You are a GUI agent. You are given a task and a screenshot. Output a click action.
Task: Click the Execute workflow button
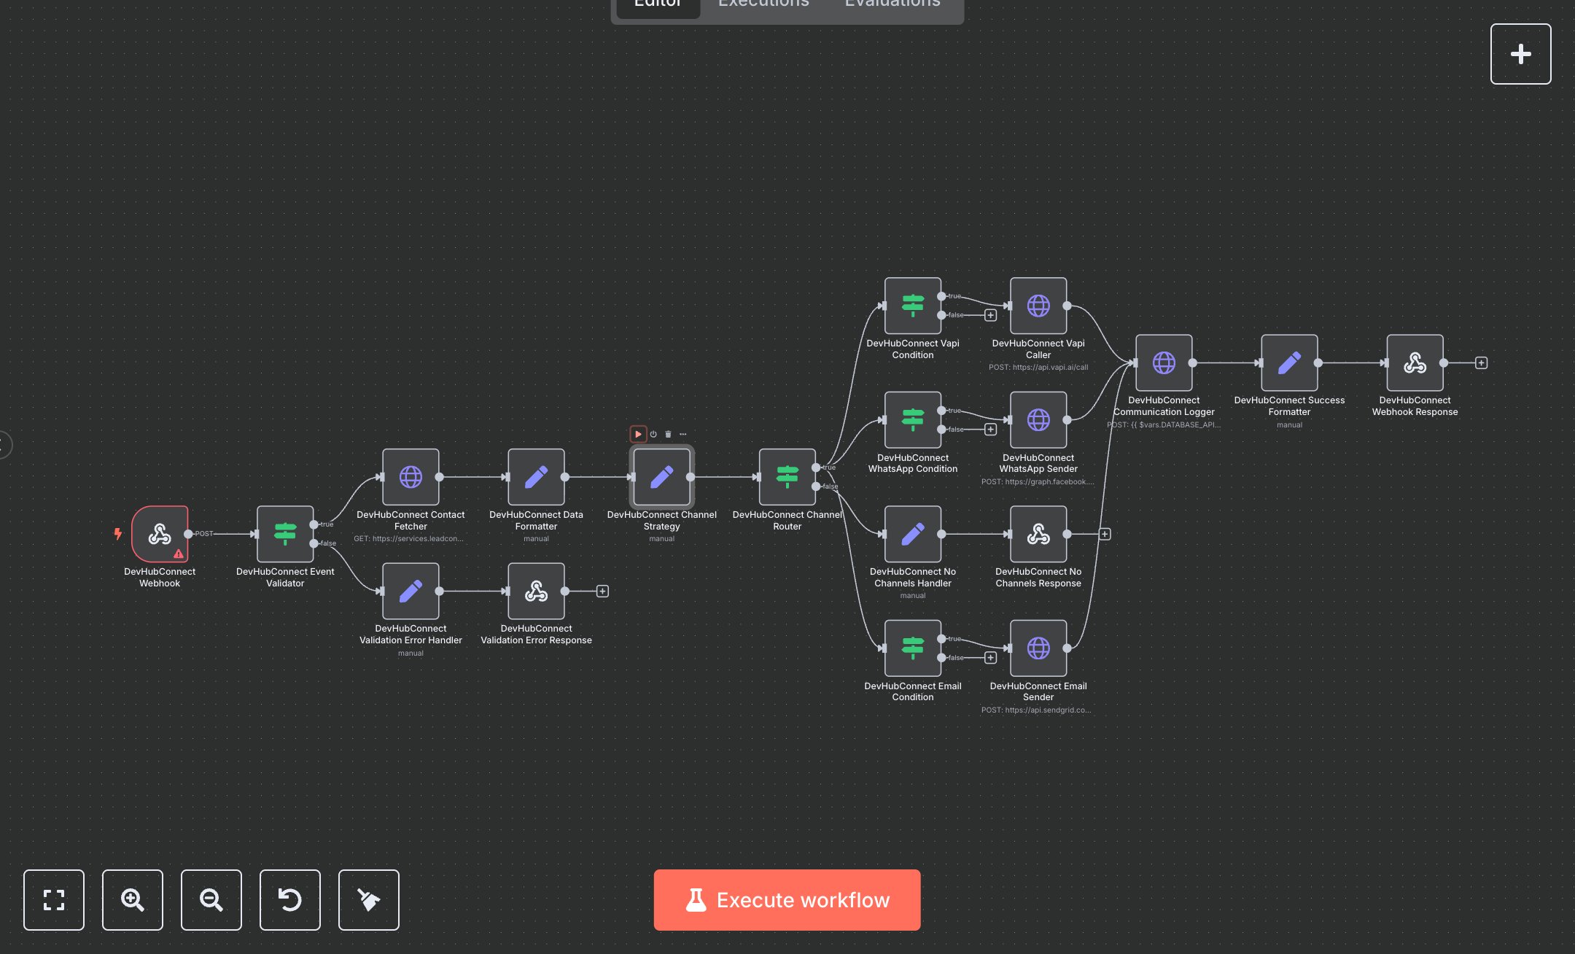pyautogui.click(x=787, y=899)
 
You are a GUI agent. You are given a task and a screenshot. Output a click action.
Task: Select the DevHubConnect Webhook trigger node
pyautogui.click(x=160, y=534)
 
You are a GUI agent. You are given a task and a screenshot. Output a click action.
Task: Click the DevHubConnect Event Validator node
pyautogui.click(x=285, y=534)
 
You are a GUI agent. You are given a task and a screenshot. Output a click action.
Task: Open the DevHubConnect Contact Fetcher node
pyautogui.click(x=411, y=477)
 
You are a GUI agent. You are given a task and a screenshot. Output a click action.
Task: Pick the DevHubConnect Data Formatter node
pyautogui.click(x=536, y=477)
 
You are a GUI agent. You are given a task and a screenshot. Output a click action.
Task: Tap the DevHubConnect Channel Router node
pyautogui.click(x=787, y=477)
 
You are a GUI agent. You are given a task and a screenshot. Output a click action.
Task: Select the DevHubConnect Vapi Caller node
pyautogui.click(x=1038, y=306)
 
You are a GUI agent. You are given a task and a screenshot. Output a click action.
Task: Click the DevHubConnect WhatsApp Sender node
pyautogui.click(x=1038, y=420)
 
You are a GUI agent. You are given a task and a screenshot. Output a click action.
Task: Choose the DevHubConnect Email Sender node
pyautogui.click(x=1038, y=648)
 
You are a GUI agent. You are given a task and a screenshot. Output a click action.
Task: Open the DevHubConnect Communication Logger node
pyautogui.click(x=1164, y=362)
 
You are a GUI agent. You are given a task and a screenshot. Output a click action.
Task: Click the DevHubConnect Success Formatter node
pyautogui.click(x=1289, y=362)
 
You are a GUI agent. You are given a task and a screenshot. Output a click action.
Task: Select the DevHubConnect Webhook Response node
pyautogui.click(x=1415, y=362)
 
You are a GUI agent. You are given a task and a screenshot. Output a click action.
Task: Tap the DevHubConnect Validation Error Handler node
pyautogui.click(x=411, y=591)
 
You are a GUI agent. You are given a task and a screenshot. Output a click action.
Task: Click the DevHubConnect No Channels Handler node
pyautogui.click(x=913, y=534)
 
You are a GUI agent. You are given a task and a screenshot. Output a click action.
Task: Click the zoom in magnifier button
pyautogui.click(x=133, y=900)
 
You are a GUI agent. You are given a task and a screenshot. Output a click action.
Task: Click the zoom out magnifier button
pyautogui.click(x=211, y=900)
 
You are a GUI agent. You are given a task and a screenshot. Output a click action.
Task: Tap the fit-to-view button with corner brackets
pyautogui.click(x=54, y=900)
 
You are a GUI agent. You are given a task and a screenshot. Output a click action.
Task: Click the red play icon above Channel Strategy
pyautogui.click(x=638, y=434)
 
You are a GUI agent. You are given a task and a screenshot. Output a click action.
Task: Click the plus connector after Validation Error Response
pyautogui.click(x=602, y=591)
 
